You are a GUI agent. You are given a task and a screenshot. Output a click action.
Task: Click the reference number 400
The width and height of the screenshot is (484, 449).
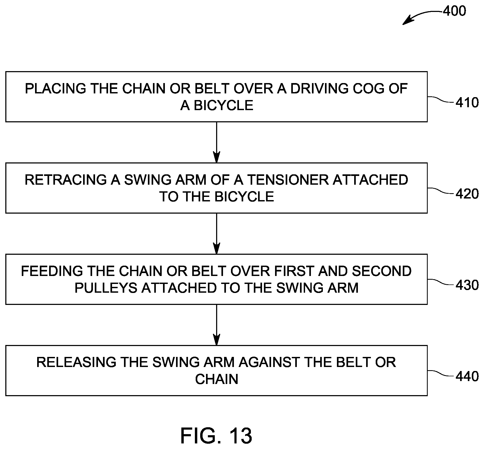click(455, 11)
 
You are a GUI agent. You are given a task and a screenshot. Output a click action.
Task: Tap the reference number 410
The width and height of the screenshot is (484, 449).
click(467, 102)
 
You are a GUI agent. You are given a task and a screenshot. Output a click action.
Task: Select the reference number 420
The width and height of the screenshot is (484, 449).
click(467, 194)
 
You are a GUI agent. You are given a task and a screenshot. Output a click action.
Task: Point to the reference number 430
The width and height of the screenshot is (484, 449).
click(467, 285)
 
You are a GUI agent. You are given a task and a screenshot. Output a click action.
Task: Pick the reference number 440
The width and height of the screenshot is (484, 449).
click(467, 376)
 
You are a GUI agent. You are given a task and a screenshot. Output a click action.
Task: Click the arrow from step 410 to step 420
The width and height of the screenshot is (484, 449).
click(217, 142)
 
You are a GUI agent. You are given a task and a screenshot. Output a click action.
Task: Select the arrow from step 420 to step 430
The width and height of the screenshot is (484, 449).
click(217, 234)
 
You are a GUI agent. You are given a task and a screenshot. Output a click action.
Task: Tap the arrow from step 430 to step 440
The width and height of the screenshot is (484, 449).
click(217, 325)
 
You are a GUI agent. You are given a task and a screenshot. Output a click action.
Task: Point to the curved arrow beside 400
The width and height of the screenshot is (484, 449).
click(421, 15)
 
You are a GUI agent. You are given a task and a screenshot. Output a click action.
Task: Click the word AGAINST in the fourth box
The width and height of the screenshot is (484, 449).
click(269, 362)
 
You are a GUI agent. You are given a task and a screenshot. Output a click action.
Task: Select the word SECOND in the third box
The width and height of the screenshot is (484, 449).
click(382, 271)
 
